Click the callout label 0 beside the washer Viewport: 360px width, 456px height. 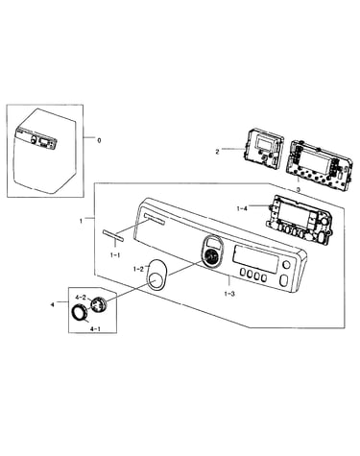(99, 140)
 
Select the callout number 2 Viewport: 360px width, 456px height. (217, 152)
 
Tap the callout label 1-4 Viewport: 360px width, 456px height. (242, 208)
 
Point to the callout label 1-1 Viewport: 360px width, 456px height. (115, 255)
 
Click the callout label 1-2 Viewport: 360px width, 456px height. (138, 269)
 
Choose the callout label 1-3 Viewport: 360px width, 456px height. (229, 294)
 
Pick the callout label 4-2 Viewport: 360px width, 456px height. (81, 297)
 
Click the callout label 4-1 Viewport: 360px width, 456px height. (96, 328)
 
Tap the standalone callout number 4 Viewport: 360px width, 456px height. (52, 305)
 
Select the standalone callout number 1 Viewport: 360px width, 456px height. (82, 221)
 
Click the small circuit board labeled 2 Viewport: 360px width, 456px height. (264, 148)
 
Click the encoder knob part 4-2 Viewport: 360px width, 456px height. (98, 304)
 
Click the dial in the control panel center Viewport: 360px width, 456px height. (211, 257)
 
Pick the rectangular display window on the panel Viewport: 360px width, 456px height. (256, 259)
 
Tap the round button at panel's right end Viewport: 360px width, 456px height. (287, 265)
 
